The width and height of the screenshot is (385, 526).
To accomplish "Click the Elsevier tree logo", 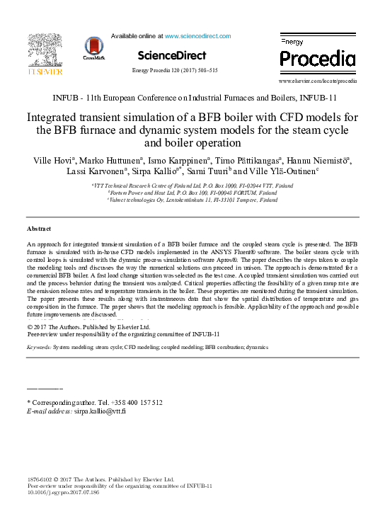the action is (x=45, y=50).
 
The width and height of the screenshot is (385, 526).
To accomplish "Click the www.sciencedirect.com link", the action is (x=197, y=35).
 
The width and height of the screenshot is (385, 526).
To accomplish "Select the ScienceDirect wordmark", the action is (x=172, y=55).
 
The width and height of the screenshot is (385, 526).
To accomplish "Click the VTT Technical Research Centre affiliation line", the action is (x=192, y=185).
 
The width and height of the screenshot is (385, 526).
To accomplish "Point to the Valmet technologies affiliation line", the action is (x=192, y=200).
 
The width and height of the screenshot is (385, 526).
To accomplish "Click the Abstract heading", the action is (x=39, y=229).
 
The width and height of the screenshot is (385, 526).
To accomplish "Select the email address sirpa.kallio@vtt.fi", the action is (x=100, y=411).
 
